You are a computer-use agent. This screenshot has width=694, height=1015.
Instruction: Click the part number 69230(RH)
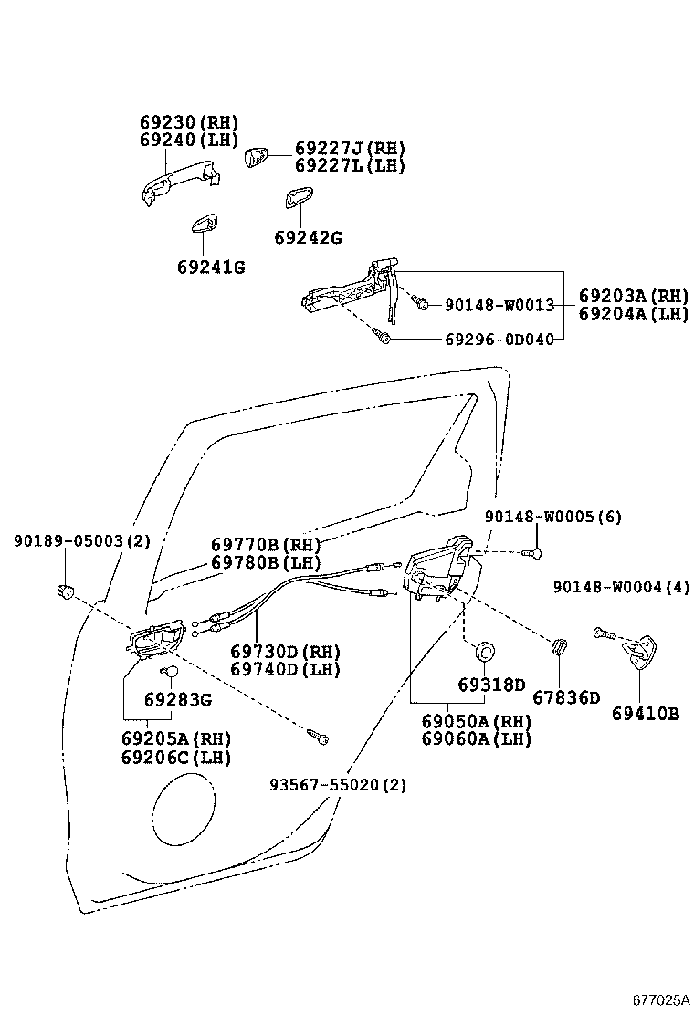click(188, 123)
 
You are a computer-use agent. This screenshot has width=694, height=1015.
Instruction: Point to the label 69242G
click(308, 238)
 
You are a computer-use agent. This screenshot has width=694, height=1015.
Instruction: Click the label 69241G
click(211, 267)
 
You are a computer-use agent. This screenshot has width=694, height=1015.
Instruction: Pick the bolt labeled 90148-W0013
click(421, 303)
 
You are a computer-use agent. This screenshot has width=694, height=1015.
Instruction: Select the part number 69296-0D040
click(499, 340)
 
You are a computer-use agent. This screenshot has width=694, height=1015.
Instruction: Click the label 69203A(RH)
click(633, 296)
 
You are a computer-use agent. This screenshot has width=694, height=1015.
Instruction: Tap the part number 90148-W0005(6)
click(552, 517)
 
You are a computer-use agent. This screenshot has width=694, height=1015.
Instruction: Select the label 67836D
click(566, 698)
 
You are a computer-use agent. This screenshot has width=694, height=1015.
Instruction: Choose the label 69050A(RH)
click(476, 721)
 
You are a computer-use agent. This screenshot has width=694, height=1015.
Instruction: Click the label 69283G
click(177, 700)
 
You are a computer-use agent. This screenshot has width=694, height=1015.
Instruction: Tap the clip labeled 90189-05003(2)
click(66, 591)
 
